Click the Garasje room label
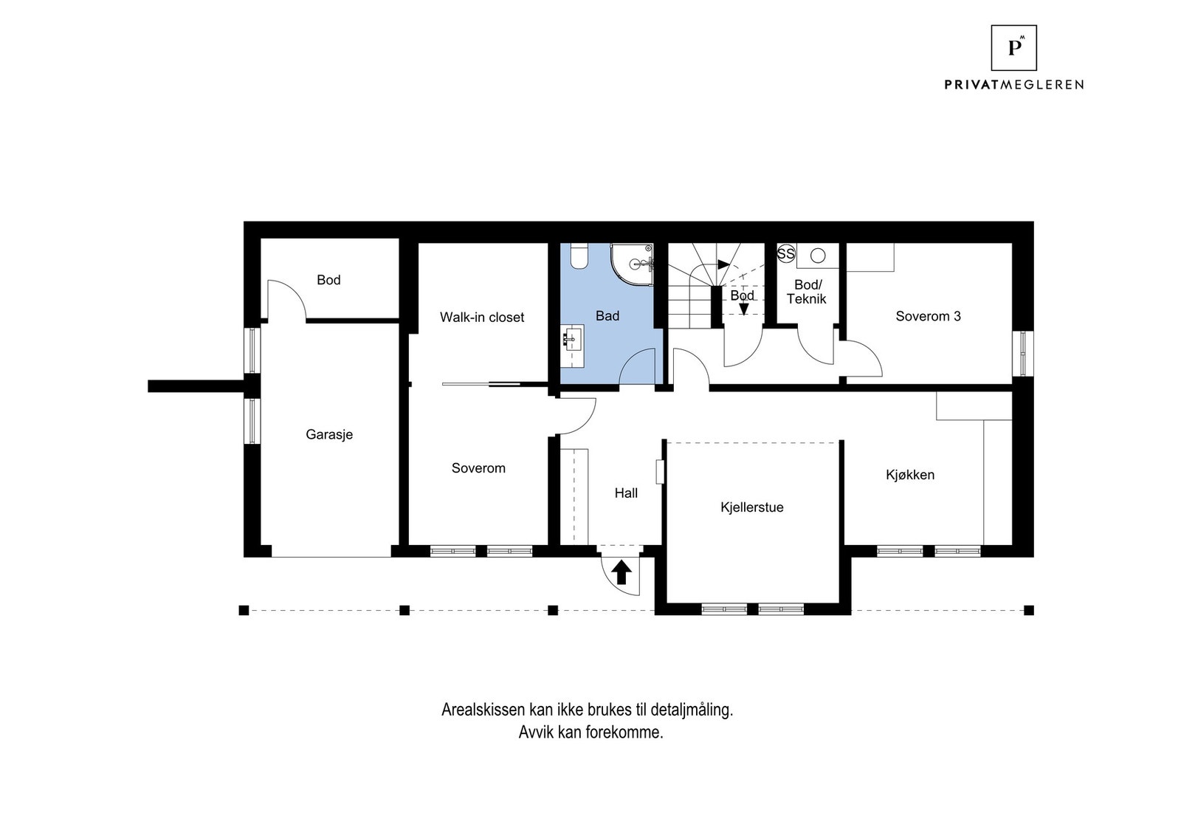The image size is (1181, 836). (x=329, y=434)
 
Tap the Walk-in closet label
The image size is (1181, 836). (x=482, y=317)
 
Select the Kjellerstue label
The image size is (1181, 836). (x=752, y=507)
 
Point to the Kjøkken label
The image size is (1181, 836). (x=910, y=475)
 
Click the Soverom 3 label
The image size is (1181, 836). (x=928, y=316)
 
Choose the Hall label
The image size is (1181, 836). (x=626, y=493)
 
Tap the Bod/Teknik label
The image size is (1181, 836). (x=807, y=292)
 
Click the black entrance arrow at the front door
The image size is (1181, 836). (x=621, y=572)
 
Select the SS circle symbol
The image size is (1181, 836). (x=785, y=254)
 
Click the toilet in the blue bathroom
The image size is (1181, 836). (x=579, y=256)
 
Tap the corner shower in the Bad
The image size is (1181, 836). (x=632, y=264)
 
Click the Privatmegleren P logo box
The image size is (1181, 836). (x=1013, y=47)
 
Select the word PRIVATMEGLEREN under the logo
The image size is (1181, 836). (x=1013, y=84)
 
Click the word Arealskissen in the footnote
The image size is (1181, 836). (x=483, y=710)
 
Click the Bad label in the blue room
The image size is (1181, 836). (x=607, y=316)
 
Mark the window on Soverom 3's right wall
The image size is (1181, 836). (x=1023, y=354)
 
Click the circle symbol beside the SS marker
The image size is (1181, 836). (x=818, y=256)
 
